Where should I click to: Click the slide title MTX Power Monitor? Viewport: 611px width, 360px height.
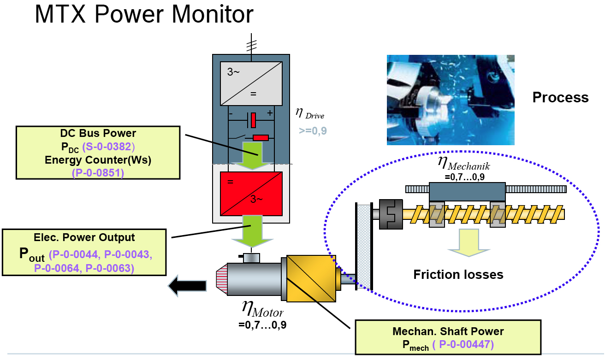[144, 14]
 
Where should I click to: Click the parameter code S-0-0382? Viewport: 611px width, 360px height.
[108, 147]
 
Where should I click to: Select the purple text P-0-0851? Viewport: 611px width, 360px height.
[98, 173]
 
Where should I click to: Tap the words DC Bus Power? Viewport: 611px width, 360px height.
[98, 133]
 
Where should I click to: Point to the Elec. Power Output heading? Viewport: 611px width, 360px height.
[84, 237]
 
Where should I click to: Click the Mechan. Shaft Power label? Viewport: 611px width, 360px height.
[448, 331]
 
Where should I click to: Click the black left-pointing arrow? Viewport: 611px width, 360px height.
[187, 286]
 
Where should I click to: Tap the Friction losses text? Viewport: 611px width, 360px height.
[458, 274]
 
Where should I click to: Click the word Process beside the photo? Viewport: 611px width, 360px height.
[561, 97]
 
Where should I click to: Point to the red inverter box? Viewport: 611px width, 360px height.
[251, 194]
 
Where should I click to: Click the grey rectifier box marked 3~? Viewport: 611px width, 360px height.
[251, 83]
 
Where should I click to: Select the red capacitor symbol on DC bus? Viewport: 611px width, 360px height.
[254, 120]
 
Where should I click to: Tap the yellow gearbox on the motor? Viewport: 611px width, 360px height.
[311, 278]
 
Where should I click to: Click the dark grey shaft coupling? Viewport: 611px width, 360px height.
[391, 214]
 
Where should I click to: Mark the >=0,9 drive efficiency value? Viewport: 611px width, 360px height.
[313, 131]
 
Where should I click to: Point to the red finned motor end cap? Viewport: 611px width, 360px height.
[222, 279]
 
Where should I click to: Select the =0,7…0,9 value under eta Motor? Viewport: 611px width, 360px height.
[262, 325]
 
